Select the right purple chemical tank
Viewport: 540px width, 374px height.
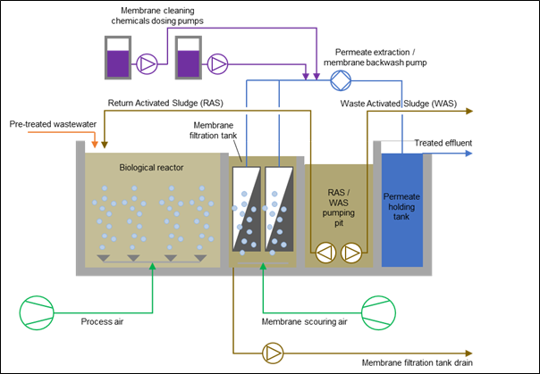coord(188,59)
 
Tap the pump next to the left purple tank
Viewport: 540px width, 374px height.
coord(147,63)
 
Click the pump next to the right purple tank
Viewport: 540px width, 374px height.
coord(217,63)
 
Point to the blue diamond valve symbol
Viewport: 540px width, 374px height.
coord(340,80)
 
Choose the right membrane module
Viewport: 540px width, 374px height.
coord(282,209)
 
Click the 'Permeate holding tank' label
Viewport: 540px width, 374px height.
coord(402,206)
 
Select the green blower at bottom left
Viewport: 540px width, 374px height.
coord(37,312)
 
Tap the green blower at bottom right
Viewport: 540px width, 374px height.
coord(378,312)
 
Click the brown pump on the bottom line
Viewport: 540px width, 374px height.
coord(273,353)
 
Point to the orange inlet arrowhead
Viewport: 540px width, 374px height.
coord(95,143)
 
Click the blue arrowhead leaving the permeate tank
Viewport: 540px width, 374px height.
coord(468,154)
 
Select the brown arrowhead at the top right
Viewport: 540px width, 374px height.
coord(468,112)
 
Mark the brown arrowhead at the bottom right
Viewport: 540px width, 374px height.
coord(468,353)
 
